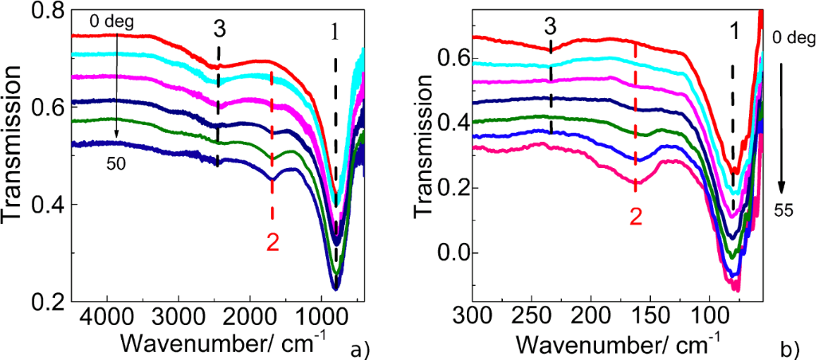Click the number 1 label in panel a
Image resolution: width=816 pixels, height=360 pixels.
[x=335, y=32]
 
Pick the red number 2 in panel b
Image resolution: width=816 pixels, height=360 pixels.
[x=636, y=216]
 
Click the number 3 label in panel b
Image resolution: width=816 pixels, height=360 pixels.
[x=550, y=26]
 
